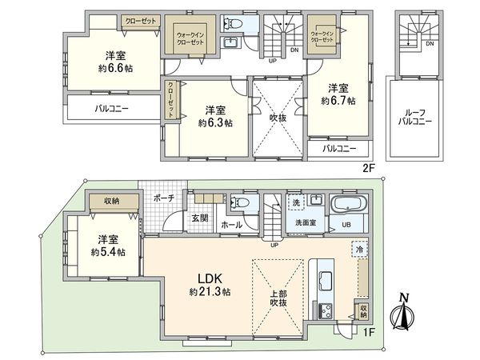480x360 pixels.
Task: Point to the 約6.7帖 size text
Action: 338,101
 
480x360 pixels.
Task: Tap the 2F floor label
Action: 367,169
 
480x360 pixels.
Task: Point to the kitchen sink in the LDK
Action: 326,281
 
